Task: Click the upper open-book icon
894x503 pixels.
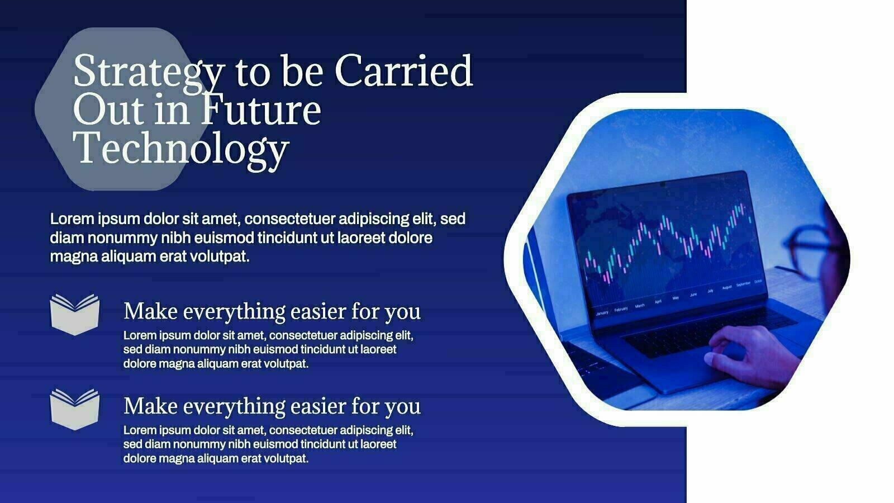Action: (x=75, y=315)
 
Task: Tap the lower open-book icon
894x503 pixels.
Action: (x=75, y=409)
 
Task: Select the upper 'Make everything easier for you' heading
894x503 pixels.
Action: (x=272, y=312)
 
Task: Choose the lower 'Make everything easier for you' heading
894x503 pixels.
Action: (x=272, y=406)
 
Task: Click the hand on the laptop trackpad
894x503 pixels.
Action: (x=750, y=355)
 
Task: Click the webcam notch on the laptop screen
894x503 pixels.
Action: (x=663, y=184)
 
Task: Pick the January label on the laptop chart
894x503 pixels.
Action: (x=602, y=313)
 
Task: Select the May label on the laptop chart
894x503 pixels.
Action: (x=676, y=298)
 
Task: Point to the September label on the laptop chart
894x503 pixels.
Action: (x=743, y=284)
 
